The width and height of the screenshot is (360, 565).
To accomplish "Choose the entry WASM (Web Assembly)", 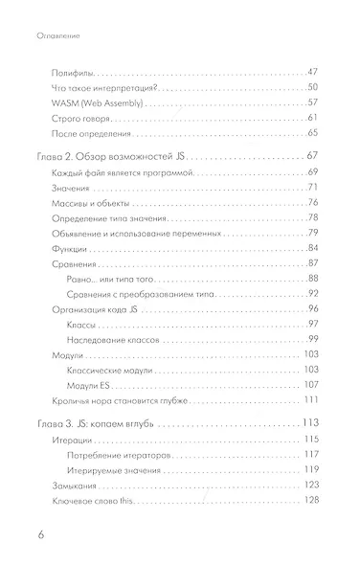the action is [x=88, y=102].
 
